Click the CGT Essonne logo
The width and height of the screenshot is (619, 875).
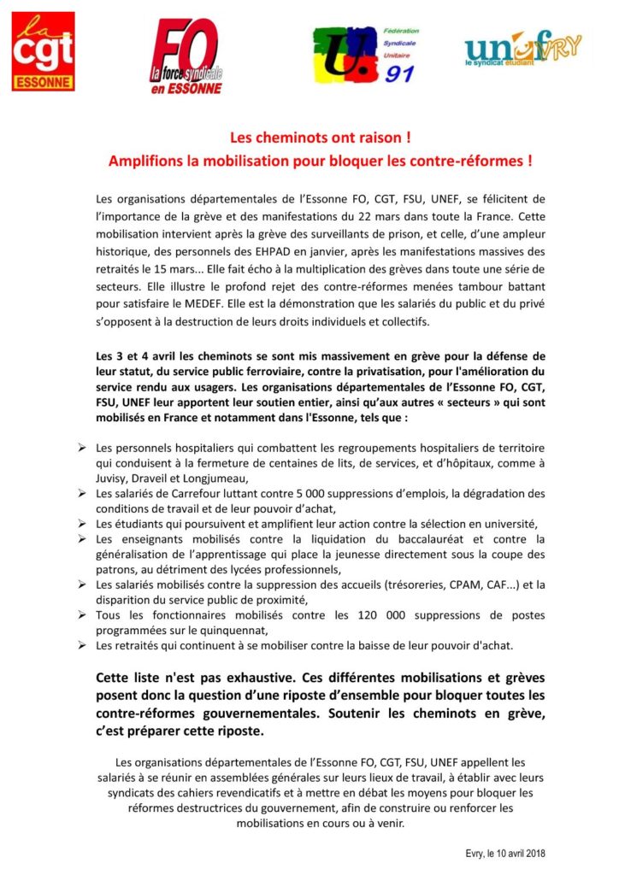[43, 51]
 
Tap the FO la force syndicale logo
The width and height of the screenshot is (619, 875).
[186, 56]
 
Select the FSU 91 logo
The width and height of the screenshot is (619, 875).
[363, 55]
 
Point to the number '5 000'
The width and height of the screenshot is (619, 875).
[275, 493]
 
